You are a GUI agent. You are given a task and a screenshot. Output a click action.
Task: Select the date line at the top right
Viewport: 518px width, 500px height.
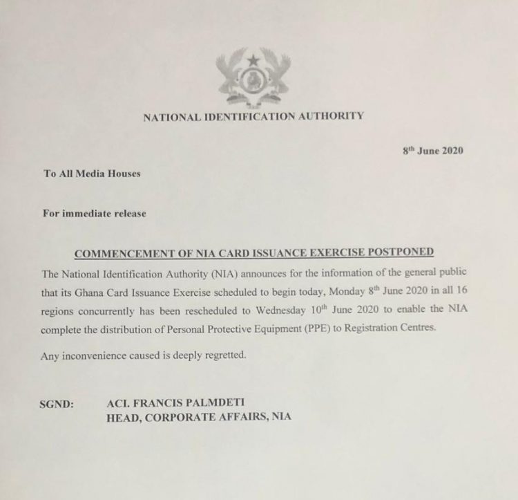(432, 151)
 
